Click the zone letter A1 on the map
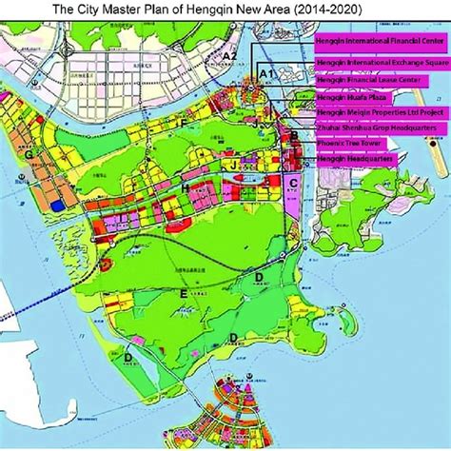pos(266,73)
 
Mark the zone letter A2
pos(228,57)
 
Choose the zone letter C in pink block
pos(294,182)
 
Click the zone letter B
pos(295,137)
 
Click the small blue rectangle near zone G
pos(59,204)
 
